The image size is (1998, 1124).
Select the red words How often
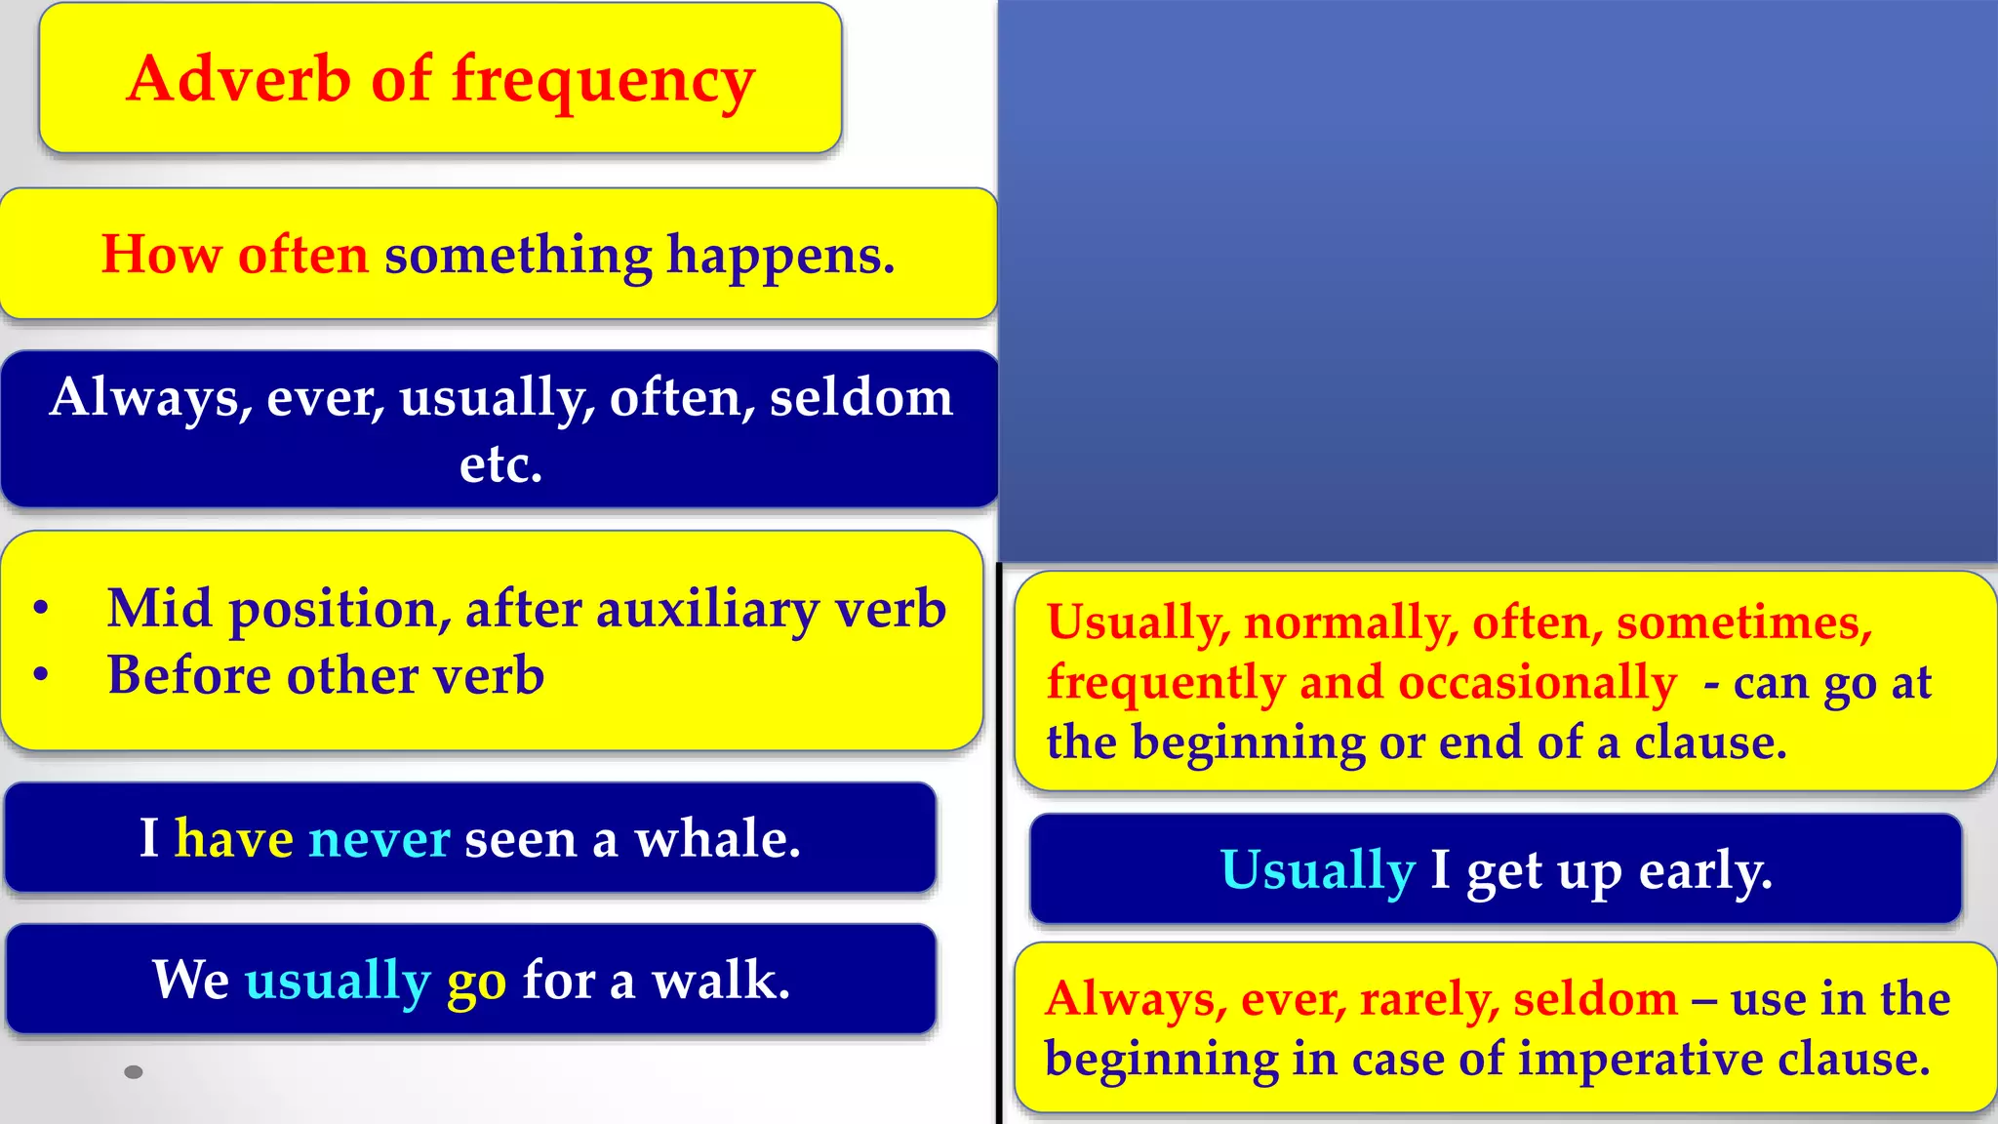coord(235,255)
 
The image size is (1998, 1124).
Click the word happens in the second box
coord(779,257)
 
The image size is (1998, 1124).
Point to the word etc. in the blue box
coord(500,463)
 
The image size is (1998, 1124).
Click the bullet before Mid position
coord(41,609)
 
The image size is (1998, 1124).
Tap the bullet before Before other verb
coord(41,675)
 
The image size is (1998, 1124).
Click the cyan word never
coord(379,839)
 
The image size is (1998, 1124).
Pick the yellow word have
coord(234,839)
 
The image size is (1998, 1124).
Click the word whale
coord(717,839)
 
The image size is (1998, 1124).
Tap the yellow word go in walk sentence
coord(476,982)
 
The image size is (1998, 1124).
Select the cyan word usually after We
coord(338,982)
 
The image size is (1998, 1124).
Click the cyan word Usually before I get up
coord(1317,870)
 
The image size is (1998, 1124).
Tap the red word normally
coord(1350,622)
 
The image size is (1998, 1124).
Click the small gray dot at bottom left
coord(135,1072)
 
